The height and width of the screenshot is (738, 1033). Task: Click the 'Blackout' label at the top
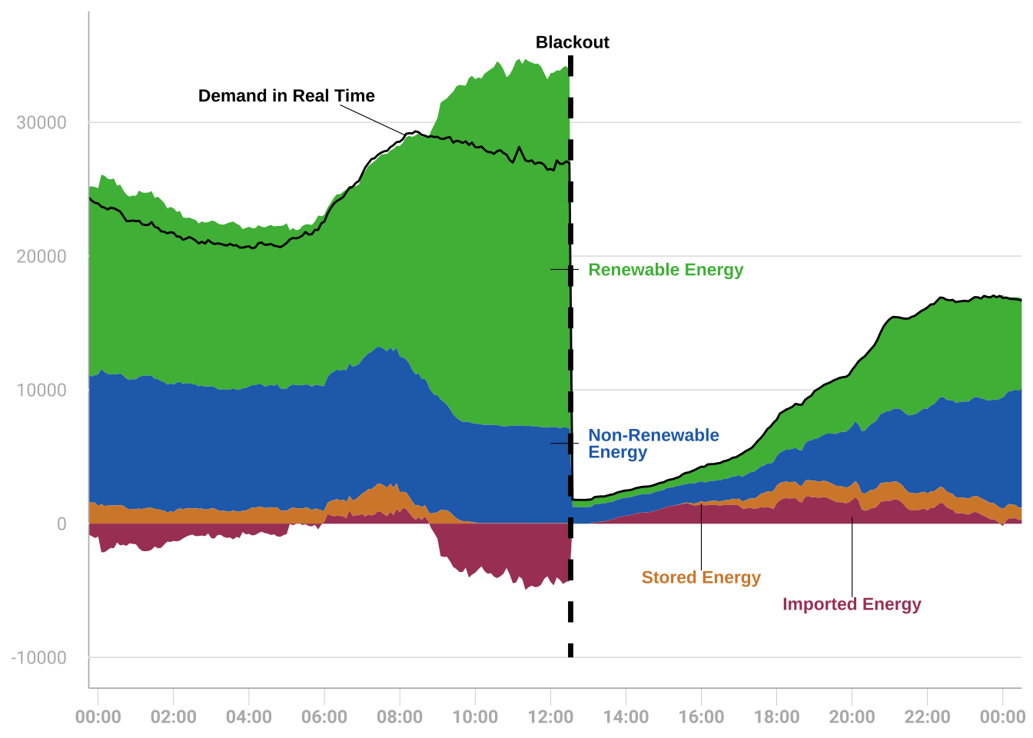point(572,42)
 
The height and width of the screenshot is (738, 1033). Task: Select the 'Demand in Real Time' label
point(286,96)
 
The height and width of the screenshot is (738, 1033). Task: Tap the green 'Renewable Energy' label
point(666,270)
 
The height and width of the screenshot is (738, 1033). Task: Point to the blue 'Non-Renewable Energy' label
point(653,444)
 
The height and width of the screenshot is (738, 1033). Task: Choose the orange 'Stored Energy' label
point(701,577)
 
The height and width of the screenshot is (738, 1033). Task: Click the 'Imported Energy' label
point(852,604)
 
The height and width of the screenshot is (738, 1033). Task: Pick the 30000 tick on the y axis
point(42,123)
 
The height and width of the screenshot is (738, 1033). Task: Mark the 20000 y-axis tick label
point(42,257)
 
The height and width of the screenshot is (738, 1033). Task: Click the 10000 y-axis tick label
point(42,391)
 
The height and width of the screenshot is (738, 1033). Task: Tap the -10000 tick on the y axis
point(39,658)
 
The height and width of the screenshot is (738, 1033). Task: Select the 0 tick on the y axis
point(61,524)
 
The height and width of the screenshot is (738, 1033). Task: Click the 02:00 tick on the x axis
point(174,717)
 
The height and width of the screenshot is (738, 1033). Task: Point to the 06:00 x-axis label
point(324,717)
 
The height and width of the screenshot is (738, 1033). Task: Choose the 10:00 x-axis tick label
point(475,717)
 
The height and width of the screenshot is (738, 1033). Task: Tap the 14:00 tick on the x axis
point(626,717)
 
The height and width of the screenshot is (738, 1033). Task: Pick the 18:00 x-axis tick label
point(776,717)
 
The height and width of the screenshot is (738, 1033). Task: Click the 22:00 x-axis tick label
point(927,717)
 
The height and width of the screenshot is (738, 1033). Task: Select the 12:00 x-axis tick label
point(550,717)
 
